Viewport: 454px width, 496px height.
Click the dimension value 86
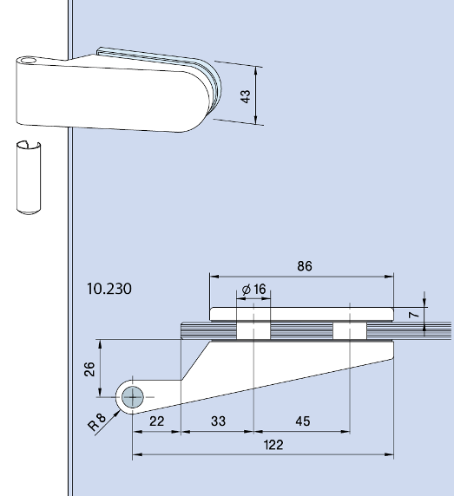[x=303, y=265]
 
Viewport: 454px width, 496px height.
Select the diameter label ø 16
[x=253, y=289]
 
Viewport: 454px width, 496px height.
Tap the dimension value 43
[x=247, y=96]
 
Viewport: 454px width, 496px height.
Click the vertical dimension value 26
[x=89, y=369]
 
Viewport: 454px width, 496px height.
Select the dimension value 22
[x=156, y=421]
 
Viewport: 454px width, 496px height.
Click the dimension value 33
[x=217, y=421]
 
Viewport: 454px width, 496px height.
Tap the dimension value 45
[x=302, y=421]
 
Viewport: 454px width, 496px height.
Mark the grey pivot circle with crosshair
[x=133, y=397]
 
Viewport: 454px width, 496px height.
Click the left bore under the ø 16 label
[x=253, y=330]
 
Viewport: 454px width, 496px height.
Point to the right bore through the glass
[x=349, y=330]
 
